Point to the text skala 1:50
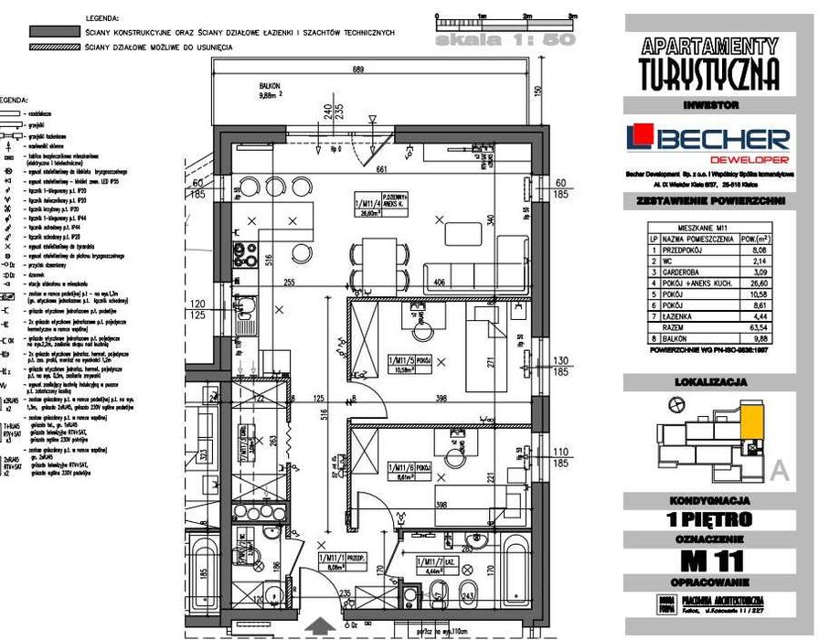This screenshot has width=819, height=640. coord(505,39)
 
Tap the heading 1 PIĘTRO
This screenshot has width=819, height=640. coord(710,519)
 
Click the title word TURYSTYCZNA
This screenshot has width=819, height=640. coord(709,72)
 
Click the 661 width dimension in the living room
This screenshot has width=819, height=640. coord(385,168)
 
